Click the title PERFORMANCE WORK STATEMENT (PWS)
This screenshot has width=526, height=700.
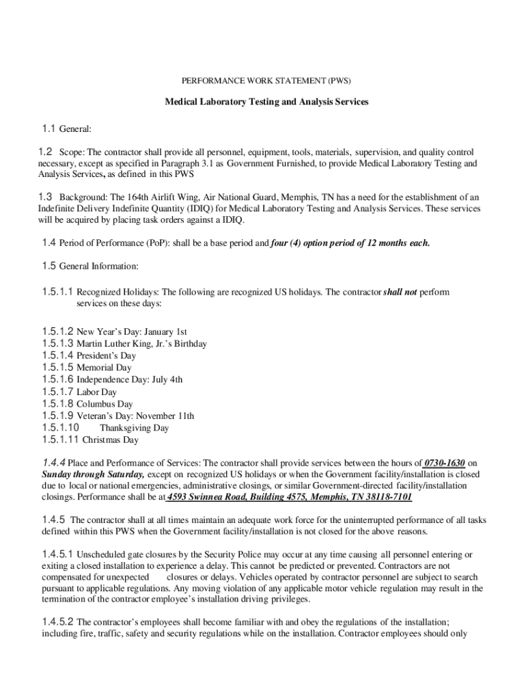266,80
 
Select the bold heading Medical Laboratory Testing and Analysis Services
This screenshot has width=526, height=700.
266,102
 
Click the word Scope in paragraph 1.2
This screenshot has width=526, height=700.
71,152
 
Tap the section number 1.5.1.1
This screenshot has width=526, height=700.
57,292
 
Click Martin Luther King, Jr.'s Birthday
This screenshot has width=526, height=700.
141,344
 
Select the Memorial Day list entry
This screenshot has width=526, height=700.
104,368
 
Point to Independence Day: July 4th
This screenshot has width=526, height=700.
129,379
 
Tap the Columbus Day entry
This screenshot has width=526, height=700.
105,404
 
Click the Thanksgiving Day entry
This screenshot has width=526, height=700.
134,428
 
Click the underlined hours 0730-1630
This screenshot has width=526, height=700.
445,463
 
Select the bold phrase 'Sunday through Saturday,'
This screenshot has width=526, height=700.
93,474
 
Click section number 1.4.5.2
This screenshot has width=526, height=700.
57,622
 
